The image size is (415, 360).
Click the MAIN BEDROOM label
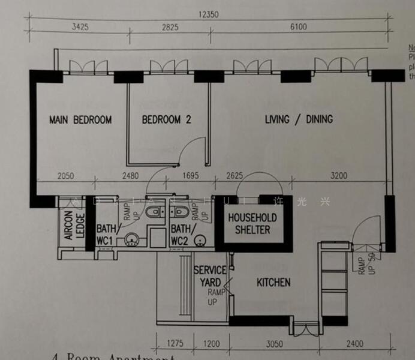click(80, 119)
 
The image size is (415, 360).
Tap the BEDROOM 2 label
click(166, 119)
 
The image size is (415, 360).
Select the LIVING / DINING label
click(299, 119)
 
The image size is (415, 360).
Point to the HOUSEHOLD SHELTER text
click(252, 224)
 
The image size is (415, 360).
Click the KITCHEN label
click(273, 282)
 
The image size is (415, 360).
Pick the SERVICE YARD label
click(210, 277)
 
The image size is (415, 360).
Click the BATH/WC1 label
click(107, 235)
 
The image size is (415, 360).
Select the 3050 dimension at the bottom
click(273, 344)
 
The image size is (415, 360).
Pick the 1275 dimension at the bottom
click(174, 344)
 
